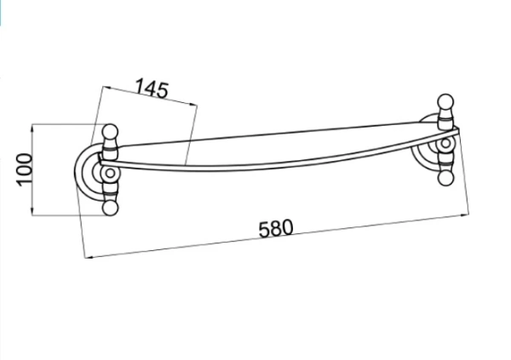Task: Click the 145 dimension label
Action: pos(152,89)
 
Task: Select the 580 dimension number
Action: pos(276,228)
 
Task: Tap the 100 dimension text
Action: pos(24,169)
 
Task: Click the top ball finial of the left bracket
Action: pos(110,132)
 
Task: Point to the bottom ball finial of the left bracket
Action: pos(110,208)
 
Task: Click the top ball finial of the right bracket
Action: pos(445,102)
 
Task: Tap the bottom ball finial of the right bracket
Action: pos(445,178)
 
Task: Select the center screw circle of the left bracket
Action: pos(110,174)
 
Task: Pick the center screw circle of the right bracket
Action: pos(445,143)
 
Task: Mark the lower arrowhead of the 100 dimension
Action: pos(32,211)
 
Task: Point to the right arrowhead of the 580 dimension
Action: pos(464,214)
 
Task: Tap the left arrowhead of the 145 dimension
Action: pos(106,88)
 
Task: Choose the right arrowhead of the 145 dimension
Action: pos(193,104)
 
